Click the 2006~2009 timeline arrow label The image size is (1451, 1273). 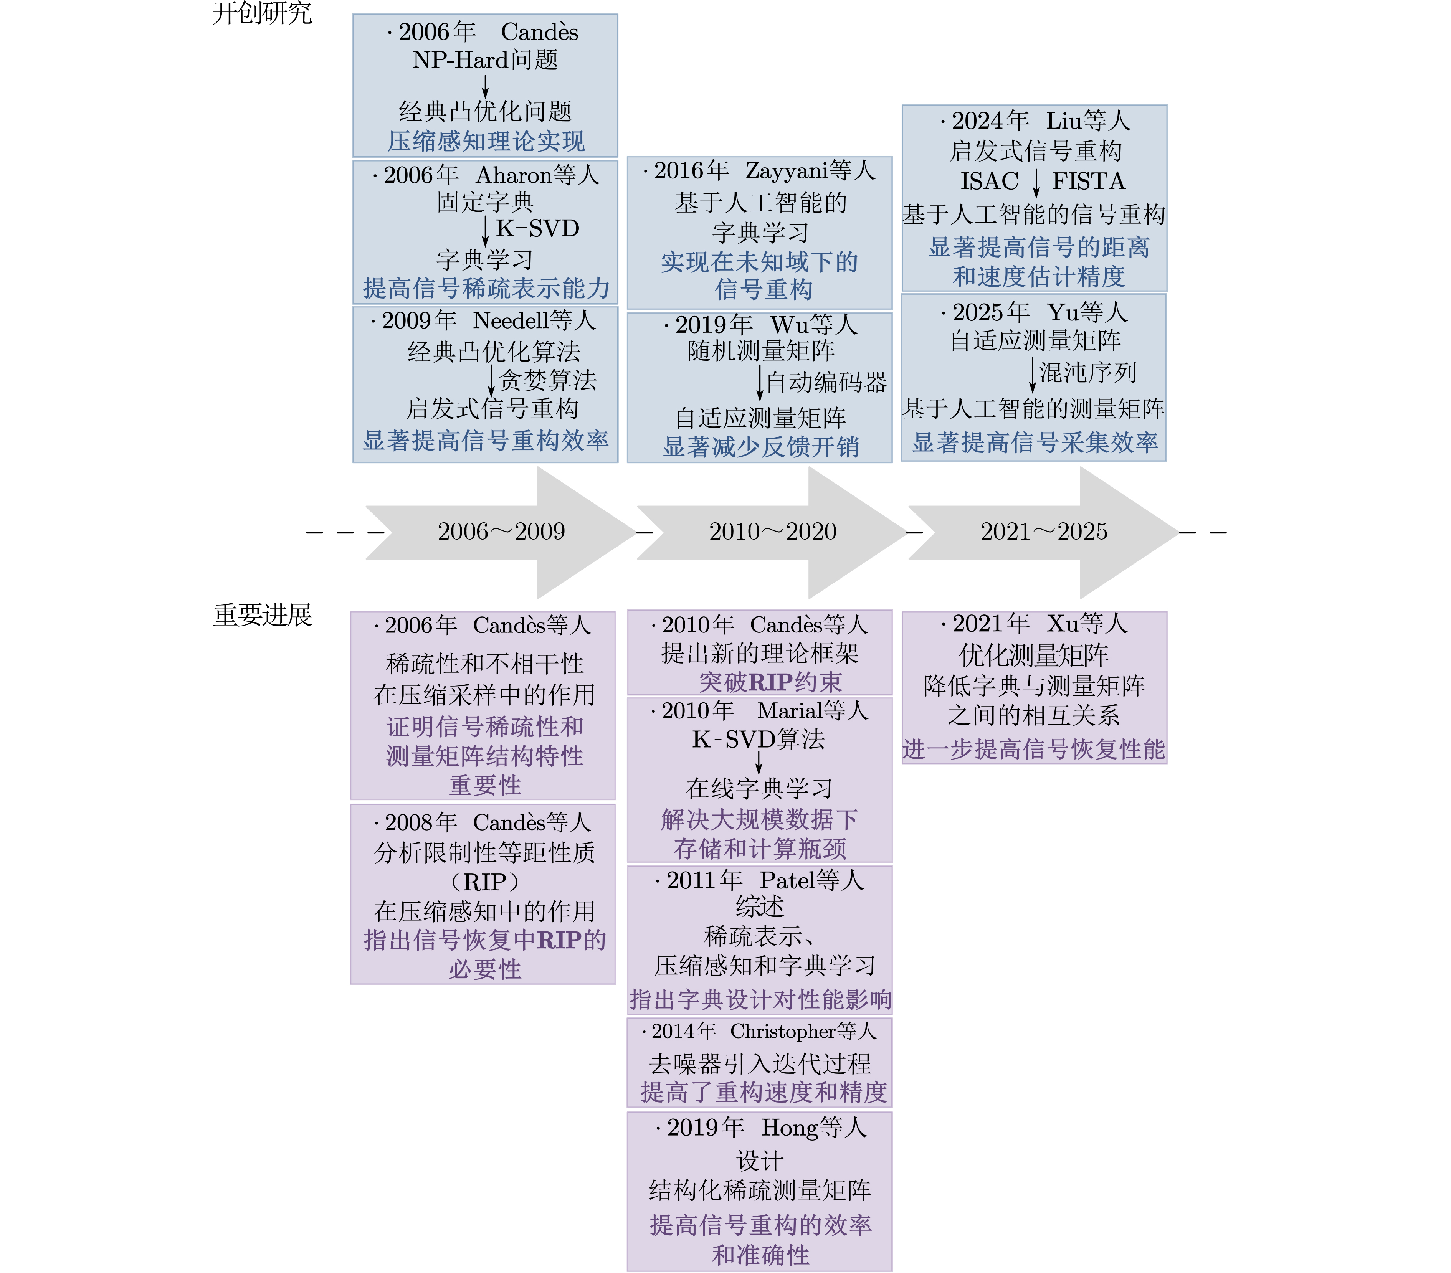(x=501, y=532)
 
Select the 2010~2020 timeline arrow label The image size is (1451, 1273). (x=772, y=532)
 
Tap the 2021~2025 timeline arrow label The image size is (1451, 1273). (x=1043, y=532)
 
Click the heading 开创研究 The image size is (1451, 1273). (x=262, y=13)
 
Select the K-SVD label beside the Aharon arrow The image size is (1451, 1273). (x=537, y=228)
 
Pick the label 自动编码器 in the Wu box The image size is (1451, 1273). (x=826, y=383)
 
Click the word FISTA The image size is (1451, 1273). (x=1088, y=182)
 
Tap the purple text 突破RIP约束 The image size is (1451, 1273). (x=770, y=682)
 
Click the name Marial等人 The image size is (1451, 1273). (x=813, y=710)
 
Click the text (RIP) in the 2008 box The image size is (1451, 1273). (x=486, y=882)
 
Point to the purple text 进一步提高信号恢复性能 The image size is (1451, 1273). (x=1034, y=749)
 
